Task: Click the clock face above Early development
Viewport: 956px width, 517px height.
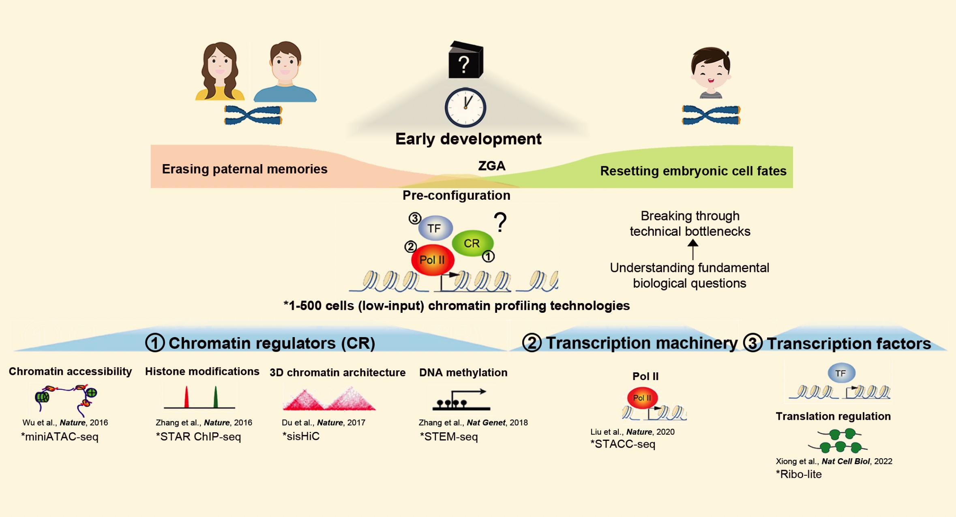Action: (465, 107)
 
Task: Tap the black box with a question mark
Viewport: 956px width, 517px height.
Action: (465, 61)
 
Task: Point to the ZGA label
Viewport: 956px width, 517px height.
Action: (491, 166)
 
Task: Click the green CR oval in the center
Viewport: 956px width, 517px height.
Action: (472, 243)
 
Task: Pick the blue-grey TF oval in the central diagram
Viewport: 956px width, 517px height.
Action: (435, 228)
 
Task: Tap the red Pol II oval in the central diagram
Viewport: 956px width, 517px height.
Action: (432, 260)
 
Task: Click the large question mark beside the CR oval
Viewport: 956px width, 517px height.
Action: (500, 222)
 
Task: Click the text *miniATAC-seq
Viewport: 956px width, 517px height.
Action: (60, 437)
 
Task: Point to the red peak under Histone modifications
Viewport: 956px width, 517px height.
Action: (186, 397)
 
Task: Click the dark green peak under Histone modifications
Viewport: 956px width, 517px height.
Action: (216, 397)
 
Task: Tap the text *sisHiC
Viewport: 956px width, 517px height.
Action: (301, 436)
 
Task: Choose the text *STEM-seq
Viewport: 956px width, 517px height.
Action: (449, 437)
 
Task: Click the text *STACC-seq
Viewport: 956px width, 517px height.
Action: (623, 444)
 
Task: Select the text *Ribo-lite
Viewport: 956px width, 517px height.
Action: (799, 474)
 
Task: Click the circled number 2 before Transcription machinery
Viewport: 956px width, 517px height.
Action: (532, 343)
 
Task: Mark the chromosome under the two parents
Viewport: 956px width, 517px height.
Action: (253, 115)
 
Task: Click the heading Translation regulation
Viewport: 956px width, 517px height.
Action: (833, 417)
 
